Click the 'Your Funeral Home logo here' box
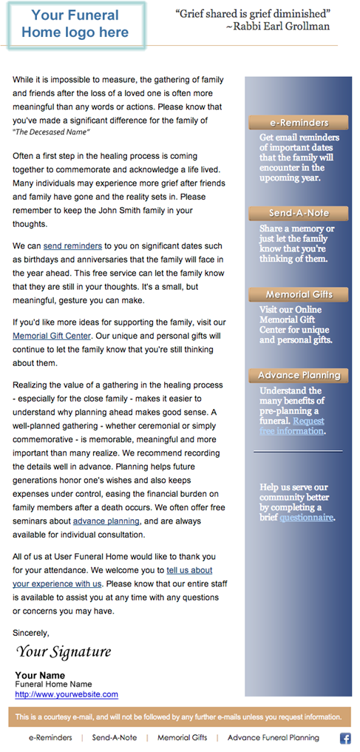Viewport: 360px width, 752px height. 75,24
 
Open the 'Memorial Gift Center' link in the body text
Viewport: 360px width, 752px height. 52,336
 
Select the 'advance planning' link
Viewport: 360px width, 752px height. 106,521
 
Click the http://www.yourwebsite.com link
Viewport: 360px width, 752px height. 67,694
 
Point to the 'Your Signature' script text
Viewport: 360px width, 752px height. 64,651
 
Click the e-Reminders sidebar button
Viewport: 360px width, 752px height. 299,123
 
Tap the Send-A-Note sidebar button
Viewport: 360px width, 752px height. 299,213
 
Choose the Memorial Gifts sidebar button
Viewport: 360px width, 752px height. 299,294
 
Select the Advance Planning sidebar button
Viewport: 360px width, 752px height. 299,375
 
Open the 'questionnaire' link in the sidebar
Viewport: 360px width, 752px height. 306,518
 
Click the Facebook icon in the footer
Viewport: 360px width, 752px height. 345,738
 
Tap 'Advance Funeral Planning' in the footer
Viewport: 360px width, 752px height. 273,738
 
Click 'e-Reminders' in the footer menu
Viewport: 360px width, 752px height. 50,738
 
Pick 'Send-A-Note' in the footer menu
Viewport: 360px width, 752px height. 114,738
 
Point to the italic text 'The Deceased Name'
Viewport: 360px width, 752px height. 51,132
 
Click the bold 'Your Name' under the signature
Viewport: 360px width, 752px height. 40,675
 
